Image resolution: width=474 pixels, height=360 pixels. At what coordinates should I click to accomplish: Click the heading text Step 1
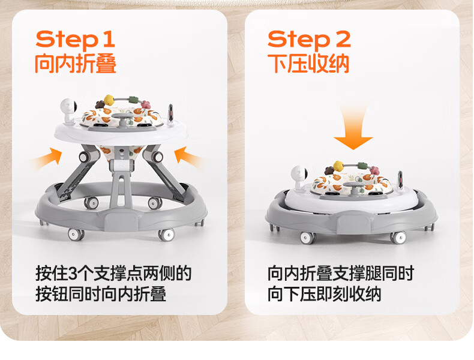click(75, 40)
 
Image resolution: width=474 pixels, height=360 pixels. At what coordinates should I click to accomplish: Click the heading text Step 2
click(309, 40)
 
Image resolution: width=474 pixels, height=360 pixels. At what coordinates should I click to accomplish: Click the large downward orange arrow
click(353, 128)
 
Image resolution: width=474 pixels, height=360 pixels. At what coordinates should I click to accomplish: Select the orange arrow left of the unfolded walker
click(48, 159)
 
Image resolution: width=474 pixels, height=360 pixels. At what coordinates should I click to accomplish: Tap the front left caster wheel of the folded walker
click(307, 237)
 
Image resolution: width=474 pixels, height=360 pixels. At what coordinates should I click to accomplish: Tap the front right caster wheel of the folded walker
click(398, 237)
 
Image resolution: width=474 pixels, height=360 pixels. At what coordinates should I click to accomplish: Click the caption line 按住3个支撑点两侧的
click(113, 274)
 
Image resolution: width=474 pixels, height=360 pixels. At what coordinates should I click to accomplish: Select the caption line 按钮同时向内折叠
click(101, 294)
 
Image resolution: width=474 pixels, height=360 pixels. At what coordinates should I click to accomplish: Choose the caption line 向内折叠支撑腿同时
click(340, 274)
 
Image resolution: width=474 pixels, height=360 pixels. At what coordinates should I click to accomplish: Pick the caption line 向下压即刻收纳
click(324, 294)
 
